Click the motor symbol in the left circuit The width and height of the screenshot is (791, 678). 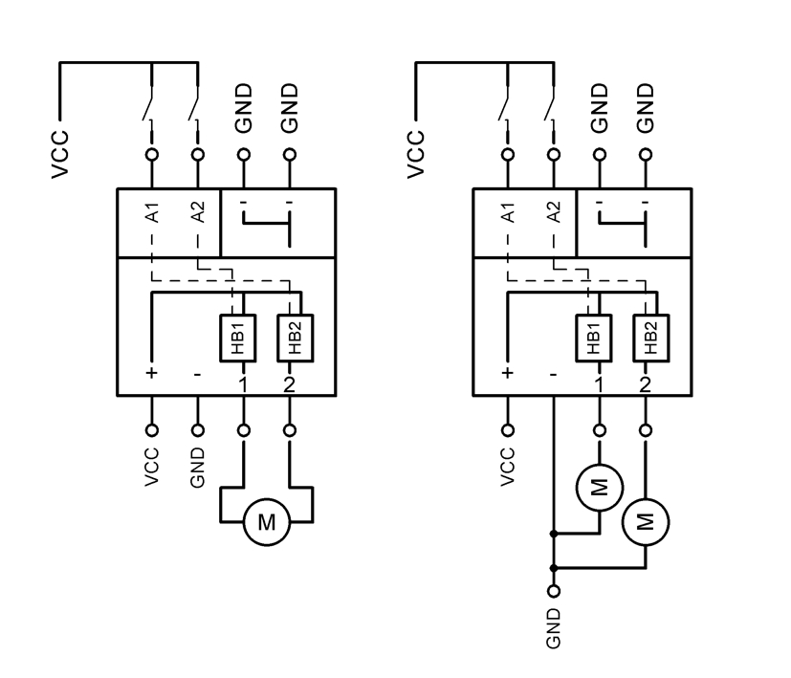coord(267,522)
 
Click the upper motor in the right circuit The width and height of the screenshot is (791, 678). coord(599,488)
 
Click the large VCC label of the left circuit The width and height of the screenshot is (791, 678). coord(60,154)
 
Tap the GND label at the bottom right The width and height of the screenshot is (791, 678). coord(553,627)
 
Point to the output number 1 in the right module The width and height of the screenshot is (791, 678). coord(599,383)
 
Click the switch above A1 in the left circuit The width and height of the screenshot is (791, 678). coord(149,106)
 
